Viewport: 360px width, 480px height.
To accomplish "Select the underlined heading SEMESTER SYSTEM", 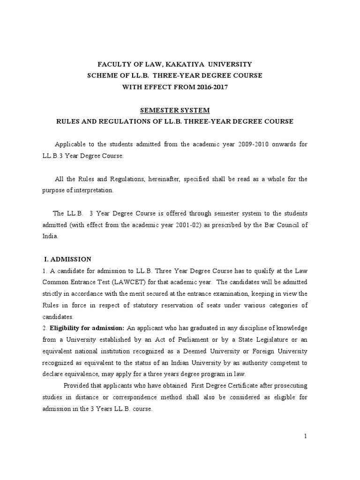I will (175, 110).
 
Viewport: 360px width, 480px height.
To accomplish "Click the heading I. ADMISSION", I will (67, 259).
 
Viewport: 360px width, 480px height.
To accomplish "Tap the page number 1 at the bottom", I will (305, 436).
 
